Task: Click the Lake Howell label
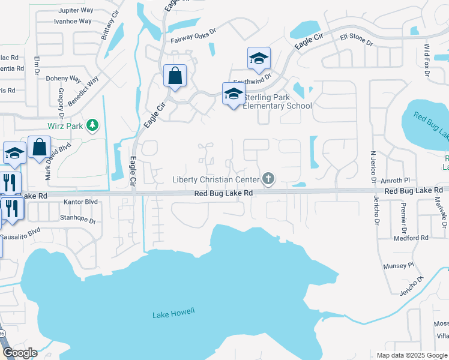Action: pos(173,314)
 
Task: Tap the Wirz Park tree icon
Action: pos(92,125)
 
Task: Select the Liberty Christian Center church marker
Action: pos(268,178)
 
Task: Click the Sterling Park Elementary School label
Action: pos(277,102)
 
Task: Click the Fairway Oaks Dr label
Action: pos(193,37)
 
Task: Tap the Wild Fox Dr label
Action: pos(427,59)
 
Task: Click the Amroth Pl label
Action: pos(397,180)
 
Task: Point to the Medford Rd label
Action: pos(411,238)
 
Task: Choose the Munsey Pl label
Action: pos(399,265)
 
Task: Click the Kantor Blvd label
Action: pos(80,202)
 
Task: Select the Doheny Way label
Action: pos(64,79)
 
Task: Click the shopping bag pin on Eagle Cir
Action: pos(175,76)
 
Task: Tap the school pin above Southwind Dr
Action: pos(259,59)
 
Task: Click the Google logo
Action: pos(19,353)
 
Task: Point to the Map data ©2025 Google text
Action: pos(411,355)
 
